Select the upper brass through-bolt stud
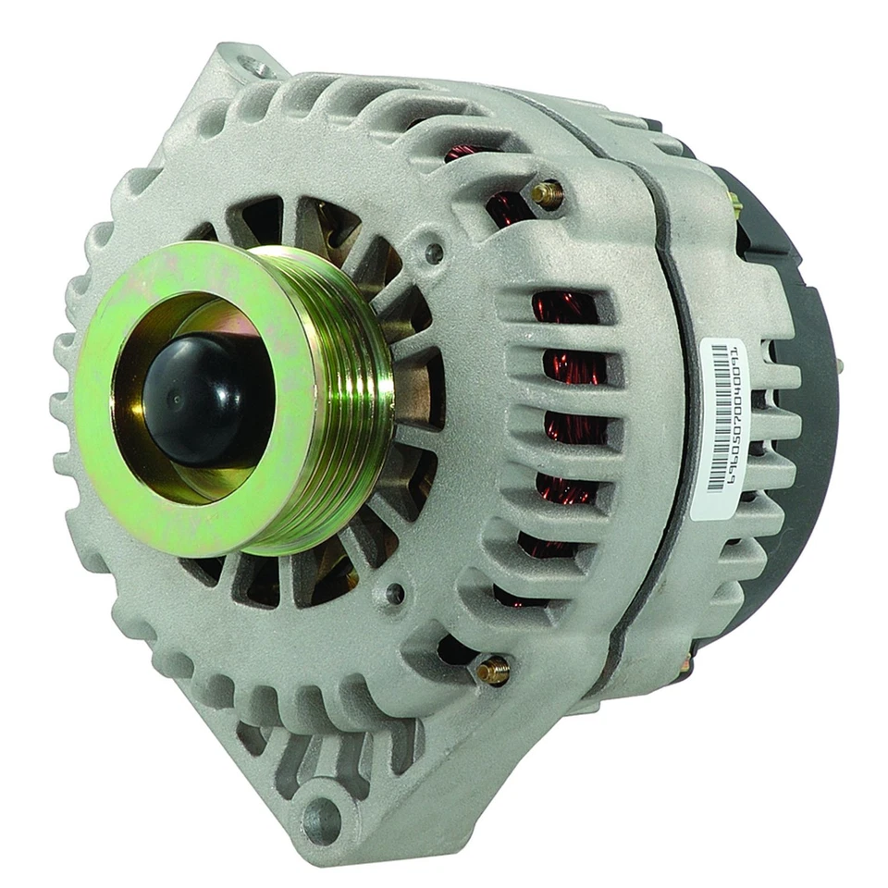pyautogui.click(x=548, y=193)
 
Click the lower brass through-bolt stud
pyautogui.click(x=493, y=669)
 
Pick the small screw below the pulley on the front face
pyautogui.click(x=396, y=593)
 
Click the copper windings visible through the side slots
pyautogui.click(x=564, y=416)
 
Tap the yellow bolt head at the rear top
pyautogui.click(x=733, y=199)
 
